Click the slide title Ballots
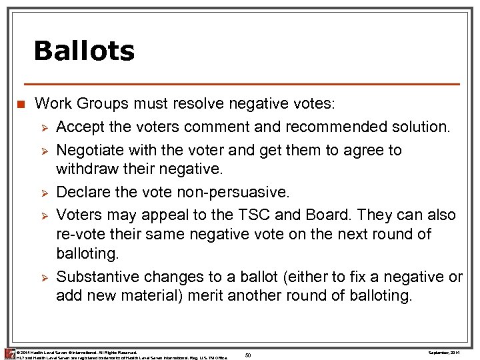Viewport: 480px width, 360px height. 84,51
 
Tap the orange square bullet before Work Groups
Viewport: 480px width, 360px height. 21,105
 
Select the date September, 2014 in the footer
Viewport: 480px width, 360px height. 445,351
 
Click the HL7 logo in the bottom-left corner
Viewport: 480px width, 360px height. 9,353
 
